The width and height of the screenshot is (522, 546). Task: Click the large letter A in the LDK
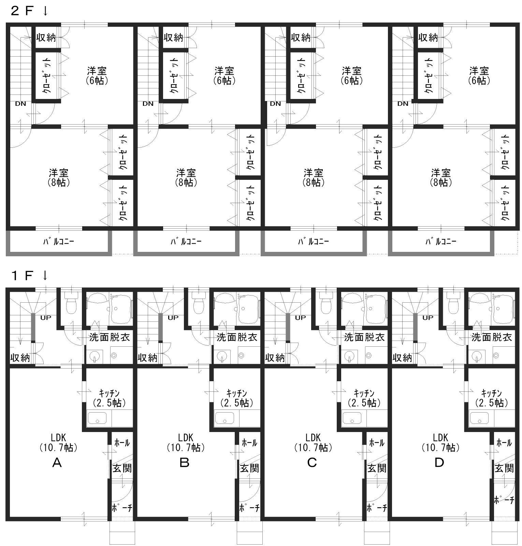click(57, 463)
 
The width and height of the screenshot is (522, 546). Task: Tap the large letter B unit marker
click(184, 463)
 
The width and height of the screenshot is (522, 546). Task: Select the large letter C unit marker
click(312, 463)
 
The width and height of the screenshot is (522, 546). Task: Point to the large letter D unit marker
click(439, 463)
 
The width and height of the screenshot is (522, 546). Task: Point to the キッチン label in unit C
click(364, 393)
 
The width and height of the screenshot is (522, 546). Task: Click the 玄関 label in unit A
click(122, 468)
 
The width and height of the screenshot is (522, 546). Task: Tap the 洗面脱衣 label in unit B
click(237, 337)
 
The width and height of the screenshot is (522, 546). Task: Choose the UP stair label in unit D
click(428, 318)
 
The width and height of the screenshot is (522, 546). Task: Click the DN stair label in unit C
click(275, 104)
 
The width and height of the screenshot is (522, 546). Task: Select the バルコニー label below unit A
click(58, 242)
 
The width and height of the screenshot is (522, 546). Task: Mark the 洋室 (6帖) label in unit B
click(224, 76)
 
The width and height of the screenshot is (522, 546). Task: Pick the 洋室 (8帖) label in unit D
click(441, 177)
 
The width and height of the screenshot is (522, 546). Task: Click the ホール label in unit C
click(377, 443)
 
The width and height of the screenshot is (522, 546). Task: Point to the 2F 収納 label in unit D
click(428, 37)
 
